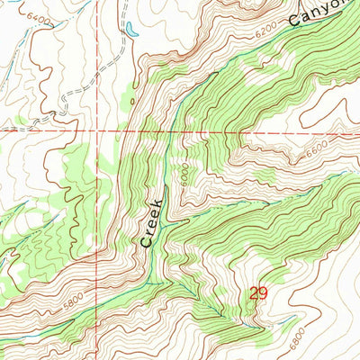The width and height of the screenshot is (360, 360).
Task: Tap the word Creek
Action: click(151, 222)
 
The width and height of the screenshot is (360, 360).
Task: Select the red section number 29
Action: click(259, 293)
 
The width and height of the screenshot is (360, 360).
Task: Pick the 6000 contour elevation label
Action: click(184, 173)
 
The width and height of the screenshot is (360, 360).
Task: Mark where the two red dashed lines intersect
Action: click(94, 130)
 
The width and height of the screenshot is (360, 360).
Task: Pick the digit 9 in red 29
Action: click(264, 293)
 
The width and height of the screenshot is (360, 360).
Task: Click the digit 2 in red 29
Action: click(255, 293)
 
